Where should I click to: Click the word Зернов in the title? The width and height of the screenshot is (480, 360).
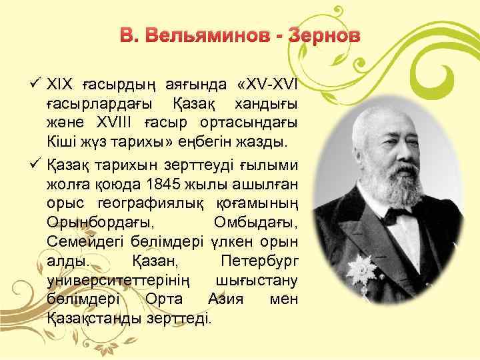pos(323,34)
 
